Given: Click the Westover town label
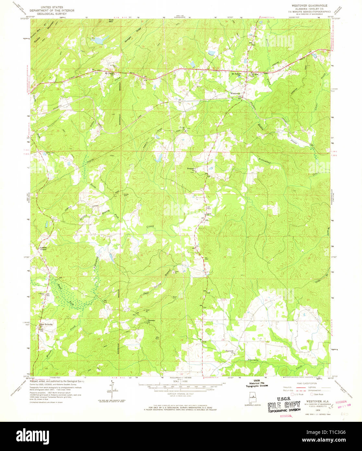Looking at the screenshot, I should (x=235, y=93).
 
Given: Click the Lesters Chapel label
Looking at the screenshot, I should (x=43, y=249).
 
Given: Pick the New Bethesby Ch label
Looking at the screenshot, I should (x=46, y=325).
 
